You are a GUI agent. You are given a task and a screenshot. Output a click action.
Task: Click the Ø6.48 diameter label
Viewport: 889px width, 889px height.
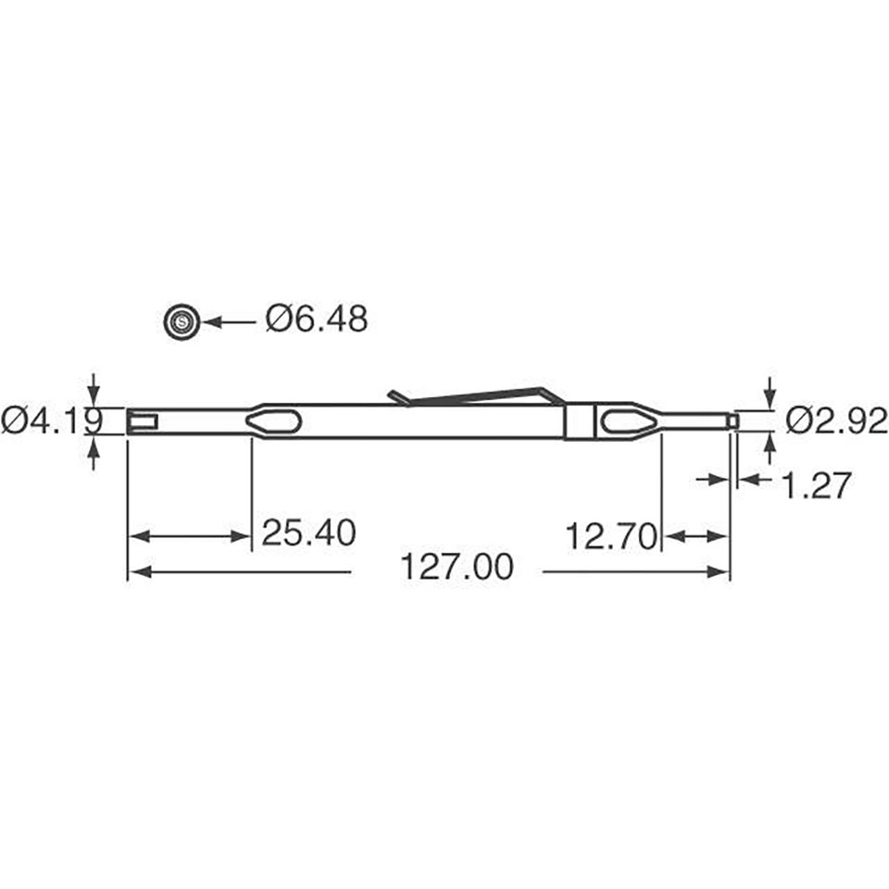[x=317, y=319]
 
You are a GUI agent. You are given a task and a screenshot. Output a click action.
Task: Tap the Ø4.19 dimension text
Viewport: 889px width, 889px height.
[x=51, y=421]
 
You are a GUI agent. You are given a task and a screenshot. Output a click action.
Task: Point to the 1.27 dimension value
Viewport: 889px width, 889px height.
[x=816, y=484]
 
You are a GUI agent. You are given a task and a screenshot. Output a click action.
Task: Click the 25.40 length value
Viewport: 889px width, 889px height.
[x=308, y=533]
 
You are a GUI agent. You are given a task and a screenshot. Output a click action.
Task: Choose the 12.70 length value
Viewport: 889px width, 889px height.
[x=612, y=535]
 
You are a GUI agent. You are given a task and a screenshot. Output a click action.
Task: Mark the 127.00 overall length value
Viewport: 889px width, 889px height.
[x=456, y=568]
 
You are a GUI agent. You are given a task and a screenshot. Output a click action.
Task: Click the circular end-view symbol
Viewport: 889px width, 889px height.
[x=182, y=321]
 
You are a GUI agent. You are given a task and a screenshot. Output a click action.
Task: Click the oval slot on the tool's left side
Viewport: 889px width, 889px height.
[x=273, y=421]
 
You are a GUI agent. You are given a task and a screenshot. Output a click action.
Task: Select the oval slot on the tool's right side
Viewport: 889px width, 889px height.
[x=628, y=421]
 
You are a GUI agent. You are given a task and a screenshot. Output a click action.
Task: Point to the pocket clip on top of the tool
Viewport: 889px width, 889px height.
[x=477, y=394]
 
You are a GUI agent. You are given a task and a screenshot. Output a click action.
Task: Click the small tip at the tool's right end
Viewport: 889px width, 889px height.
[x=732, y=420]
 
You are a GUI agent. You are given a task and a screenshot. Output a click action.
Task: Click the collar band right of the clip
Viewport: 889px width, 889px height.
[x=579, y=421]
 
